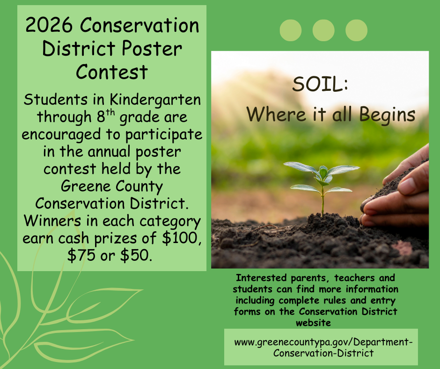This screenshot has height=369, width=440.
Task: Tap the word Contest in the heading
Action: point(111,72)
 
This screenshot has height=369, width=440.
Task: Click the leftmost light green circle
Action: point(291,30)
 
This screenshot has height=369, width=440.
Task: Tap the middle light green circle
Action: point(323,30)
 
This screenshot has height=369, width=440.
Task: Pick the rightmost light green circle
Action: point(356,30)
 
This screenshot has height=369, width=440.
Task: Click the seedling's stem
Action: point(323,201)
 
